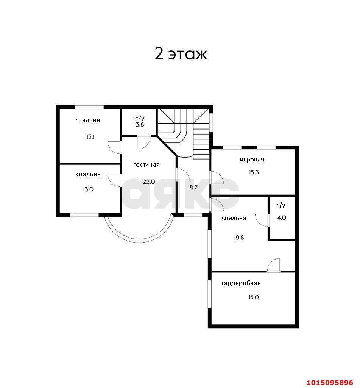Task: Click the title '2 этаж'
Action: tap(181, 54)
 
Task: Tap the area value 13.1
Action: tap(90, 136)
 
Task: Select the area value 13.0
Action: tap(88, 189)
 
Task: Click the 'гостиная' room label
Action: tap(146, 165)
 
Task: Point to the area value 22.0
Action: tap(149, 182)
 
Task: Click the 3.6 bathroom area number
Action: tap(140, 125)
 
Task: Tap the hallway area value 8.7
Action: tap(193, 187)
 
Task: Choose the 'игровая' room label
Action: tap(252, 160)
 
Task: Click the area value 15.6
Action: tap(254, 172)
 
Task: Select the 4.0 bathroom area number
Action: tap(282, 218)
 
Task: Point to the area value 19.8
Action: tap(239, 238)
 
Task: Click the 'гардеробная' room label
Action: tap(241, 283)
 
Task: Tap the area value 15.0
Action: tap(254, 297)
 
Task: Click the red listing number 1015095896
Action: tap(330, 383)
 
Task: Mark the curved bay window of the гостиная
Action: tap(139, 239)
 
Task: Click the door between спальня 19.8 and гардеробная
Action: tap(274, 265)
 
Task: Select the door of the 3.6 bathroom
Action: tap(144, 142)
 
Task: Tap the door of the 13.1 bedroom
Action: tap(115, 147)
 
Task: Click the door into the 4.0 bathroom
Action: tap(262, 220)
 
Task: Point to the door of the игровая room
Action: tap(217, 177)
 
